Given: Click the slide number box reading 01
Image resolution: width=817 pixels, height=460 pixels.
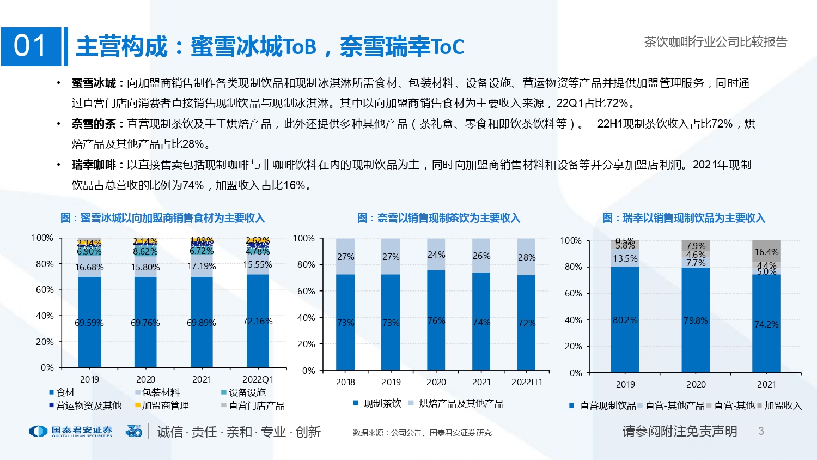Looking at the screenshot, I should coord(31,46).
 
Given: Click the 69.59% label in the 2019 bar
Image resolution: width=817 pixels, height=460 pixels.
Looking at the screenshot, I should coord(89,323).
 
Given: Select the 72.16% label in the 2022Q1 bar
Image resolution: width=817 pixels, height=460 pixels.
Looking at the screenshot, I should coord(258,321).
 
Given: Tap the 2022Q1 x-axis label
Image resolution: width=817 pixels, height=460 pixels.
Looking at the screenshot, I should coord(258,379).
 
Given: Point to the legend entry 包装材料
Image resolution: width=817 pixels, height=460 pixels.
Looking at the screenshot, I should coord(161,392).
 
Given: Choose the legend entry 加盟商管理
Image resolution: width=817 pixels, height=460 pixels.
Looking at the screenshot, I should coord(165,405).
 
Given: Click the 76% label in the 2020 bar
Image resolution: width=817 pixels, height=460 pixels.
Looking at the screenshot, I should coord(436,320).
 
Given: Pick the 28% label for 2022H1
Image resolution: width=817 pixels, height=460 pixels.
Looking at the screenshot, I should coord(527,257).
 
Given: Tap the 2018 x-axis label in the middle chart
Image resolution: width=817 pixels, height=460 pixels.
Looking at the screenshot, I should coord(345,382).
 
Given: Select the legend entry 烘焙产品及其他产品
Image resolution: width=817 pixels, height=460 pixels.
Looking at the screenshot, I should coord(461,403).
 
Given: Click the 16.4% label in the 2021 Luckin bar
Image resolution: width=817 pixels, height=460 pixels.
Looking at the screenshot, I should coord(766,252).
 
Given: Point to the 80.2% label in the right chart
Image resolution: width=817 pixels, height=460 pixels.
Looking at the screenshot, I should coord(625,320).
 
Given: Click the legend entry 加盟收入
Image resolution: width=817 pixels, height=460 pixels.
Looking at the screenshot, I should coord(783,405).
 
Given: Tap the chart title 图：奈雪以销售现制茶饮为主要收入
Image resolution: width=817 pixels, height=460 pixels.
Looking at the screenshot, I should coord(438,218).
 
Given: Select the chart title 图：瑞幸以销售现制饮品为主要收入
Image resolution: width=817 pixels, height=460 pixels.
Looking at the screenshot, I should coord(684,218).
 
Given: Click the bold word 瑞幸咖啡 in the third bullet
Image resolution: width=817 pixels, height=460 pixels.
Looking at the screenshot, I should coord(94,165).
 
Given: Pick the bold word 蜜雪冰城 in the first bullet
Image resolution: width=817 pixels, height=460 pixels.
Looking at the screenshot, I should coord(94,83).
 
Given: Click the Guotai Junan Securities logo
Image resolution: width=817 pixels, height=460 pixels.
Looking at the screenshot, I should coord(71,432).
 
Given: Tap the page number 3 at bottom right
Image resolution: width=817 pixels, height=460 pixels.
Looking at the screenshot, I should coord(761,431).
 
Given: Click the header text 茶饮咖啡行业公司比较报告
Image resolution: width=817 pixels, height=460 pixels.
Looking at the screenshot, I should coord(716,42).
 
